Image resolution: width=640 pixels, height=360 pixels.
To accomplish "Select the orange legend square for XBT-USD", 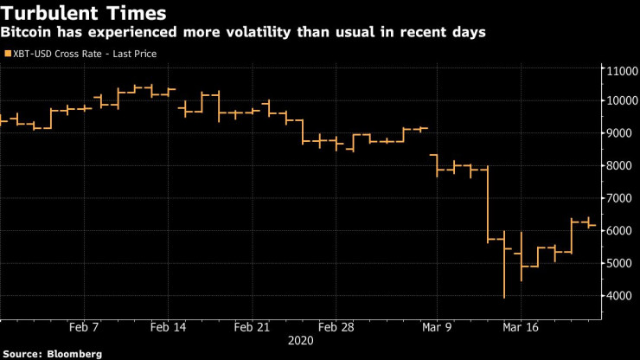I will (x=8, y=54).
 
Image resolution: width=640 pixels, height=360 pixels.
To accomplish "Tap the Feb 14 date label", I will (x=168, y=328).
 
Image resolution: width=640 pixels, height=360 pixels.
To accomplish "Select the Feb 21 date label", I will (x=252, y=328).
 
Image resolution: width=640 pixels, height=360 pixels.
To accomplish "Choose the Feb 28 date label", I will (x=336, y=328).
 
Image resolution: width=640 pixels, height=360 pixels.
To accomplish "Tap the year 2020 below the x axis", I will (x=302, y=341).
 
